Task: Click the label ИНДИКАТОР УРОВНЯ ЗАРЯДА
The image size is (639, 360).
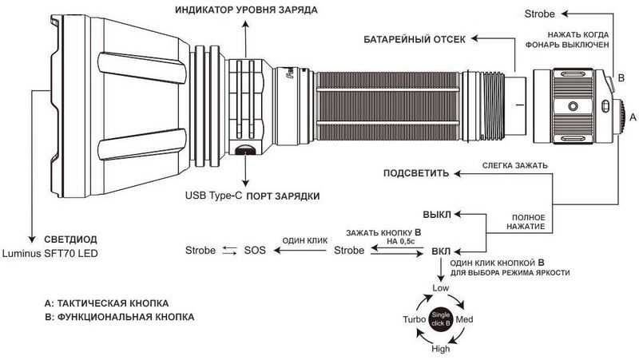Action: point(247,10)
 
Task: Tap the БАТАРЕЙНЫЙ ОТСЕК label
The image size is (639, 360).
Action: point(415,39)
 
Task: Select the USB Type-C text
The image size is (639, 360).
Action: point(213,196)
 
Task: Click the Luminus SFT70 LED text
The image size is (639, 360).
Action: point(50,253)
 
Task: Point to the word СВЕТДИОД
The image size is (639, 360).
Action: point(70,239)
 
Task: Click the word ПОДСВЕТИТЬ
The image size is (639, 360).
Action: point(416,173)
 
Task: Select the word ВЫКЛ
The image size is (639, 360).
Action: point(437,215)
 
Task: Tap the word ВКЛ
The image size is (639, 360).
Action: point(441,251)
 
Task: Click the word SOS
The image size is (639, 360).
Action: point(255,251)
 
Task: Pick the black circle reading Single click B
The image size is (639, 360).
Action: point(441,318)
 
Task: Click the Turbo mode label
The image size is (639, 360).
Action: point(415,319)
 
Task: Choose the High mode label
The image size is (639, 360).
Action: point(441,349)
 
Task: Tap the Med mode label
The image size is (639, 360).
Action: point(465,319)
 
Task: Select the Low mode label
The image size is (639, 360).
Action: point(441,288)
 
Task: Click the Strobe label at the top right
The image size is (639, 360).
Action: point(540,14)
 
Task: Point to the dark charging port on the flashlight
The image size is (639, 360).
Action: point(244,150)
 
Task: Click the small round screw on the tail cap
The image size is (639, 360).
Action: point(573,106)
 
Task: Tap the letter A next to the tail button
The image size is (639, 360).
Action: point(633,117)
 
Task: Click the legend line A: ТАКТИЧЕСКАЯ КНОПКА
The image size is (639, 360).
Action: point(106,303)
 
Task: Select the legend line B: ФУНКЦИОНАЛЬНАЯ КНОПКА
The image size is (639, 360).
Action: point(119,317)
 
